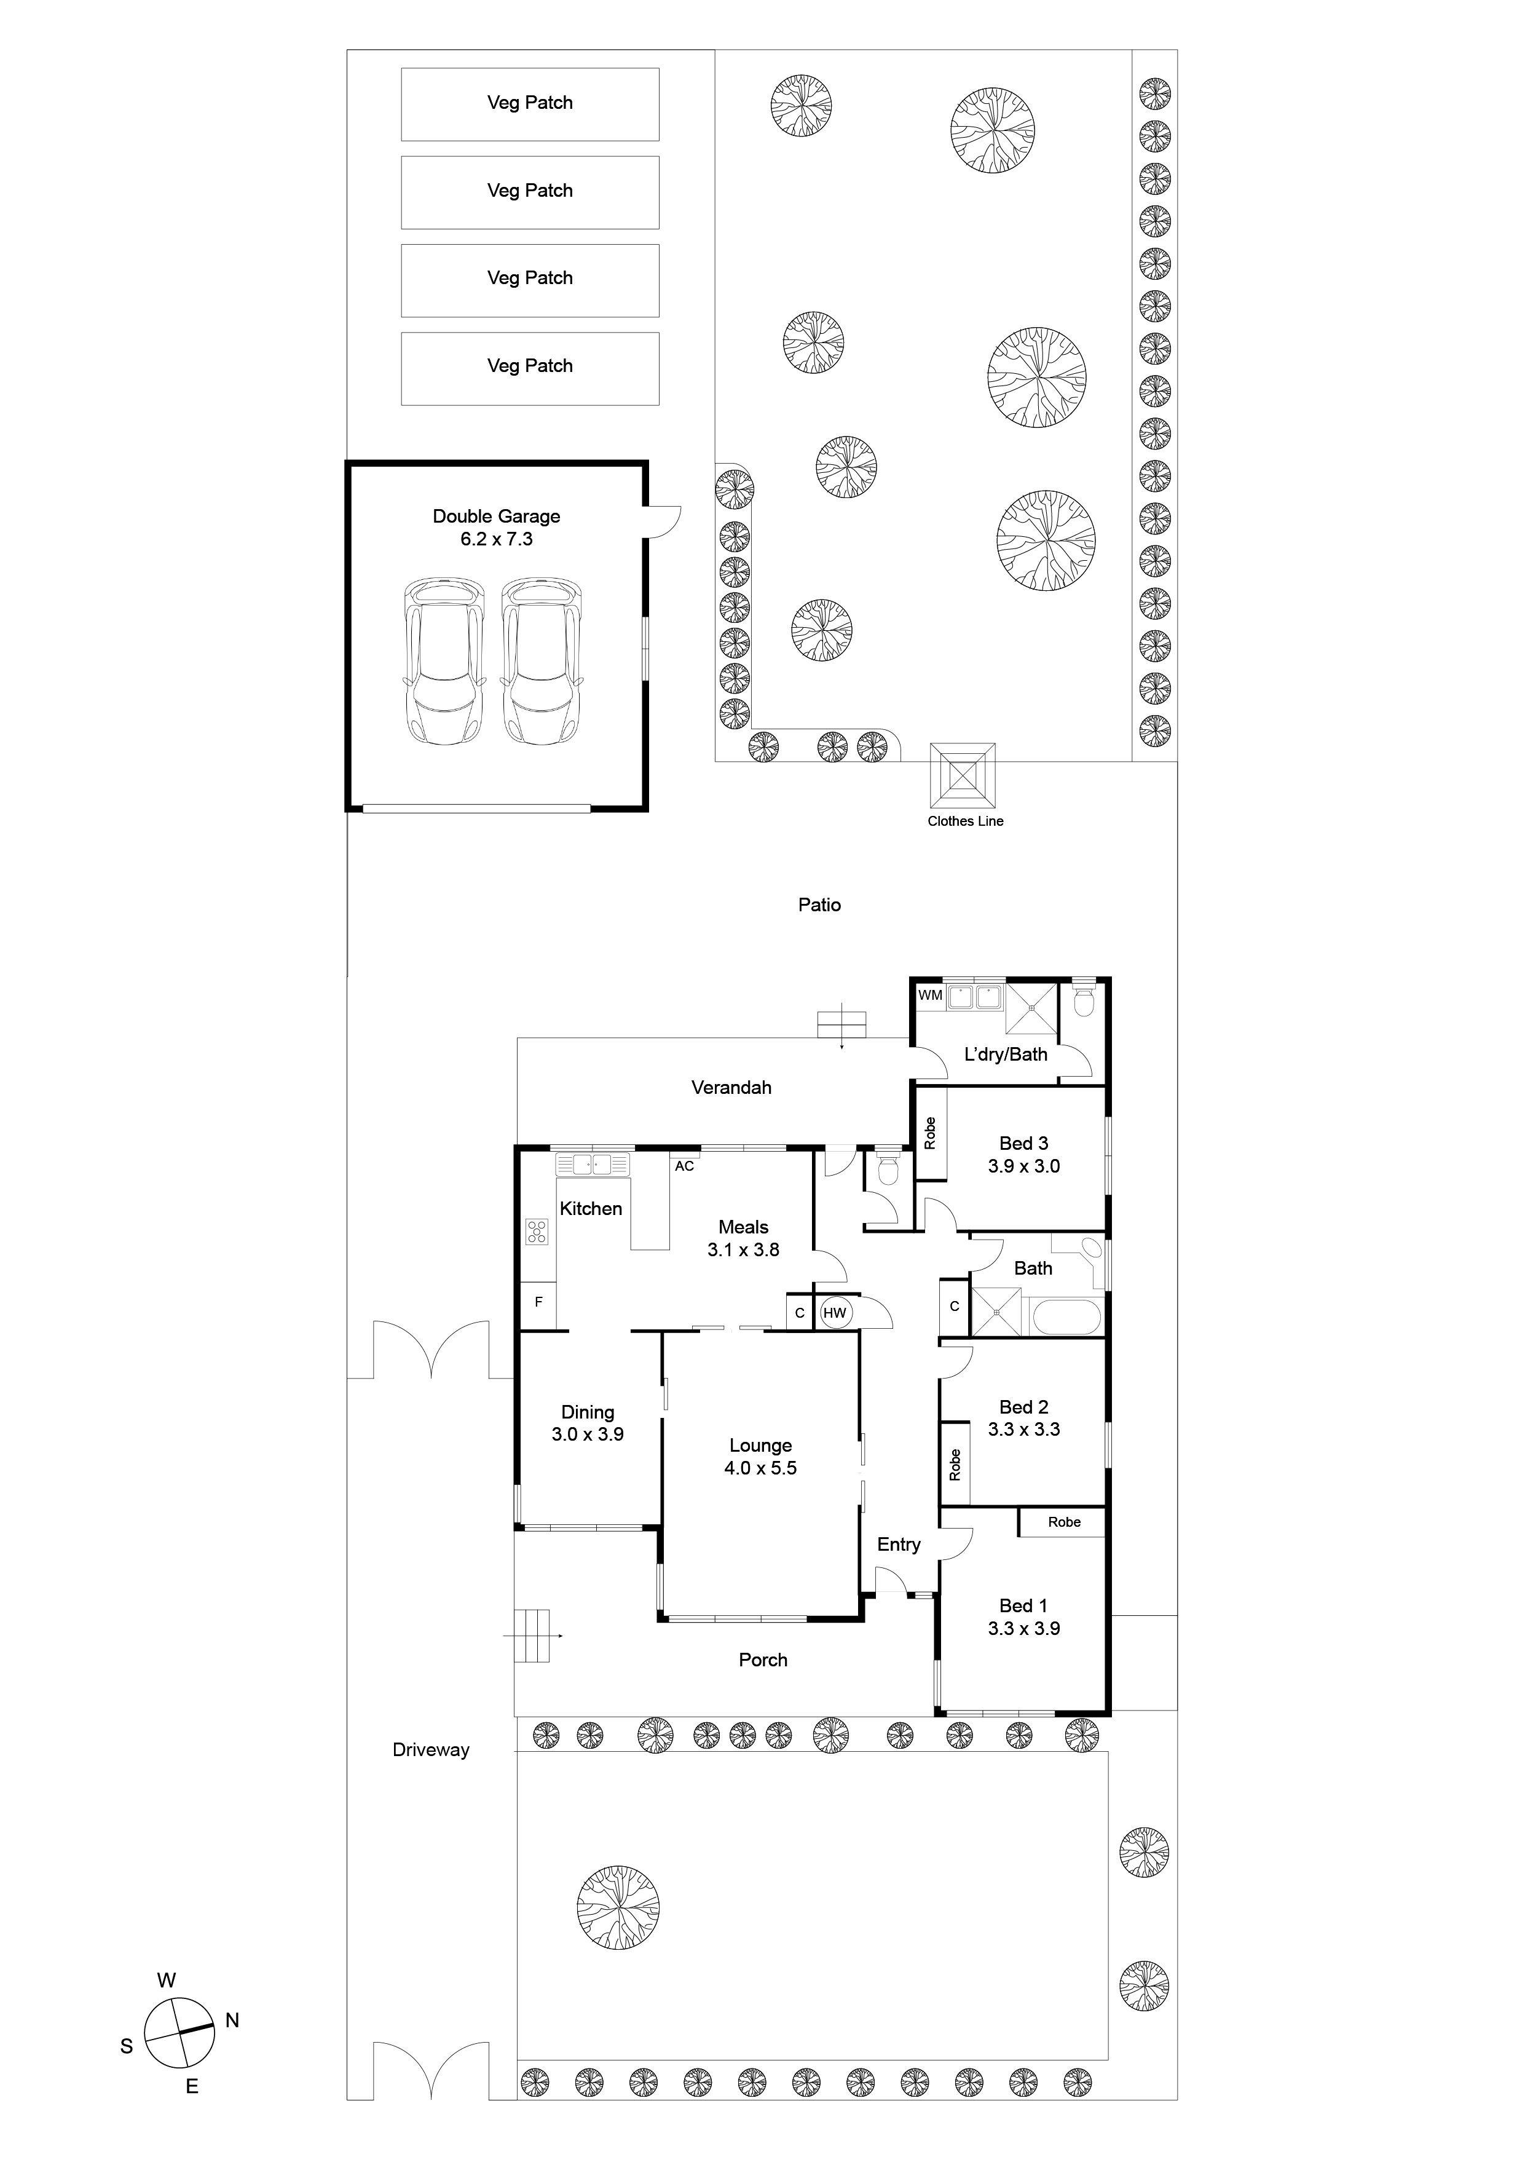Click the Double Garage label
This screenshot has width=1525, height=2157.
coord(496,516)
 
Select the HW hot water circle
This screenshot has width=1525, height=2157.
coord(834,1313)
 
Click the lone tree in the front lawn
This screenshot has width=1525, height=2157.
coord(618,1907)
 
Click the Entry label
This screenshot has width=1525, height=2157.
coord(899,1545)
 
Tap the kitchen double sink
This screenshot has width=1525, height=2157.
coord(593,1165)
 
